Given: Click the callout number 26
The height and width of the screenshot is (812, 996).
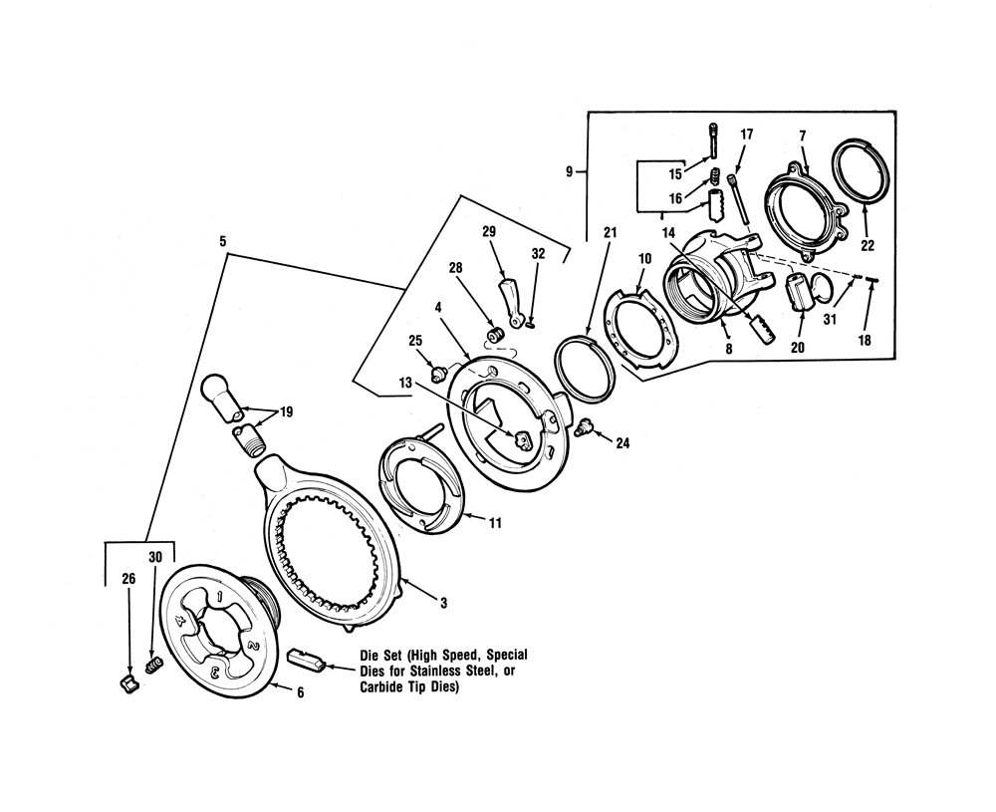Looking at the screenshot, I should point(127,578).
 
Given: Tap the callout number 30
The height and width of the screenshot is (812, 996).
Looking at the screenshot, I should point(154,558).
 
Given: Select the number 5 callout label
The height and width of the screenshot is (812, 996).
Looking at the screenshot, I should point(223,241).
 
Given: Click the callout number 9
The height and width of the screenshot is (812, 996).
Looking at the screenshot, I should point(570,171).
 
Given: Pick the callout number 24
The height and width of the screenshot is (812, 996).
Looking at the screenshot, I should point(622,444).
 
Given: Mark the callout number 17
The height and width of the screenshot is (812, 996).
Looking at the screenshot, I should point(747,134).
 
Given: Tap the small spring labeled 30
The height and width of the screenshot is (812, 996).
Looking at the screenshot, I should point(153,665).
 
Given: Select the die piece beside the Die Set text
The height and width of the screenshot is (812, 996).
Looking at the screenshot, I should point(302,658).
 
